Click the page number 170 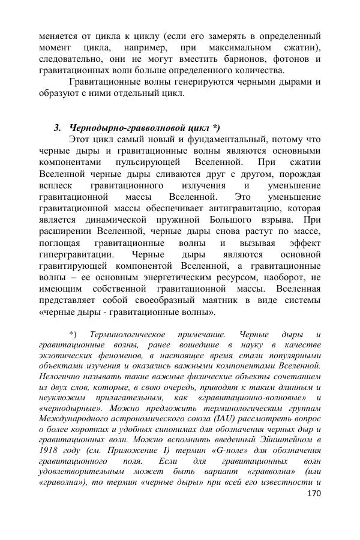click(313, 493)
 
